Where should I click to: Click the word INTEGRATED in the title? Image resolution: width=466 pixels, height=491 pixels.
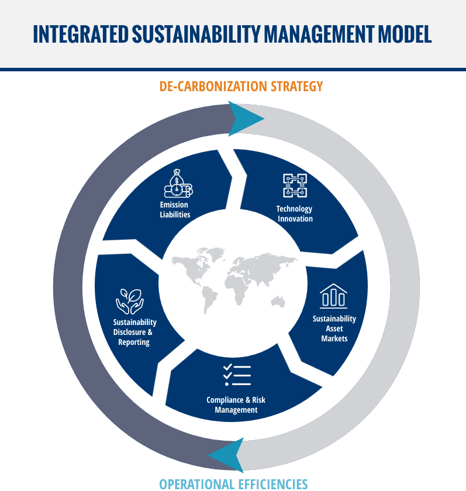click(x=81, y=34)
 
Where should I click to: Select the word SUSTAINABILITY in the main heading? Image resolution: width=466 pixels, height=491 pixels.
click(x=196, y=34)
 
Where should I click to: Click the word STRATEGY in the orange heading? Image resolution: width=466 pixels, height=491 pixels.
click(x=296, y=87)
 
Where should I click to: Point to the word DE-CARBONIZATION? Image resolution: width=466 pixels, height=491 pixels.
click(x=213, y=87)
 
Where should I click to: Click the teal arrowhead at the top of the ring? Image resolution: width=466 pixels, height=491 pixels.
click(x=245, y=119)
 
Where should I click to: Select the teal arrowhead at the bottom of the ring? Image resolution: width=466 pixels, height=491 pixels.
click(x=226, y=455)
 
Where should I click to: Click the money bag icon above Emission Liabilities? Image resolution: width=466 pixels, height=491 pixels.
click(x=178, y=184)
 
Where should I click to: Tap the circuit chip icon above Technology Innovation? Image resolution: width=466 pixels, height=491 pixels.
click(x=295, y=185)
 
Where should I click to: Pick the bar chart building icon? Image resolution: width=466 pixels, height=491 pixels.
click(x=333, y=296)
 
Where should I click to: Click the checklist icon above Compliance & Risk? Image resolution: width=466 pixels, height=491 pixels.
click(x=237, y=375)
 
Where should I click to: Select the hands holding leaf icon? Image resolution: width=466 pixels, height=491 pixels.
click(x=130, y=302)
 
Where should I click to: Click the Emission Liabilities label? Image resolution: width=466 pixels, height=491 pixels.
click(x=175, y=209)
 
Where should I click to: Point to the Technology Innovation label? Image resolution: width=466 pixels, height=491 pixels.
click(x=295, y=214)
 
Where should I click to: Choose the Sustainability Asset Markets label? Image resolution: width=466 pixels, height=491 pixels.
click(x=334, y=329)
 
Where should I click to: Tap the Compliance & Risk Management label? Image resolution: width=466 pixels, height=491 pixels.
click(x=236, y=405)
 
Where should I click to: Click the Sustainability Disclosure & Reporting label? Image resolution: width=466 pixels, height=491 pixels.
click(x=134, y=332)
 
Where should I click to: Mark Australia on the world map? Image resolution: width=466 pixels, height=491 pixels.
click(x=278, y=302)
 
